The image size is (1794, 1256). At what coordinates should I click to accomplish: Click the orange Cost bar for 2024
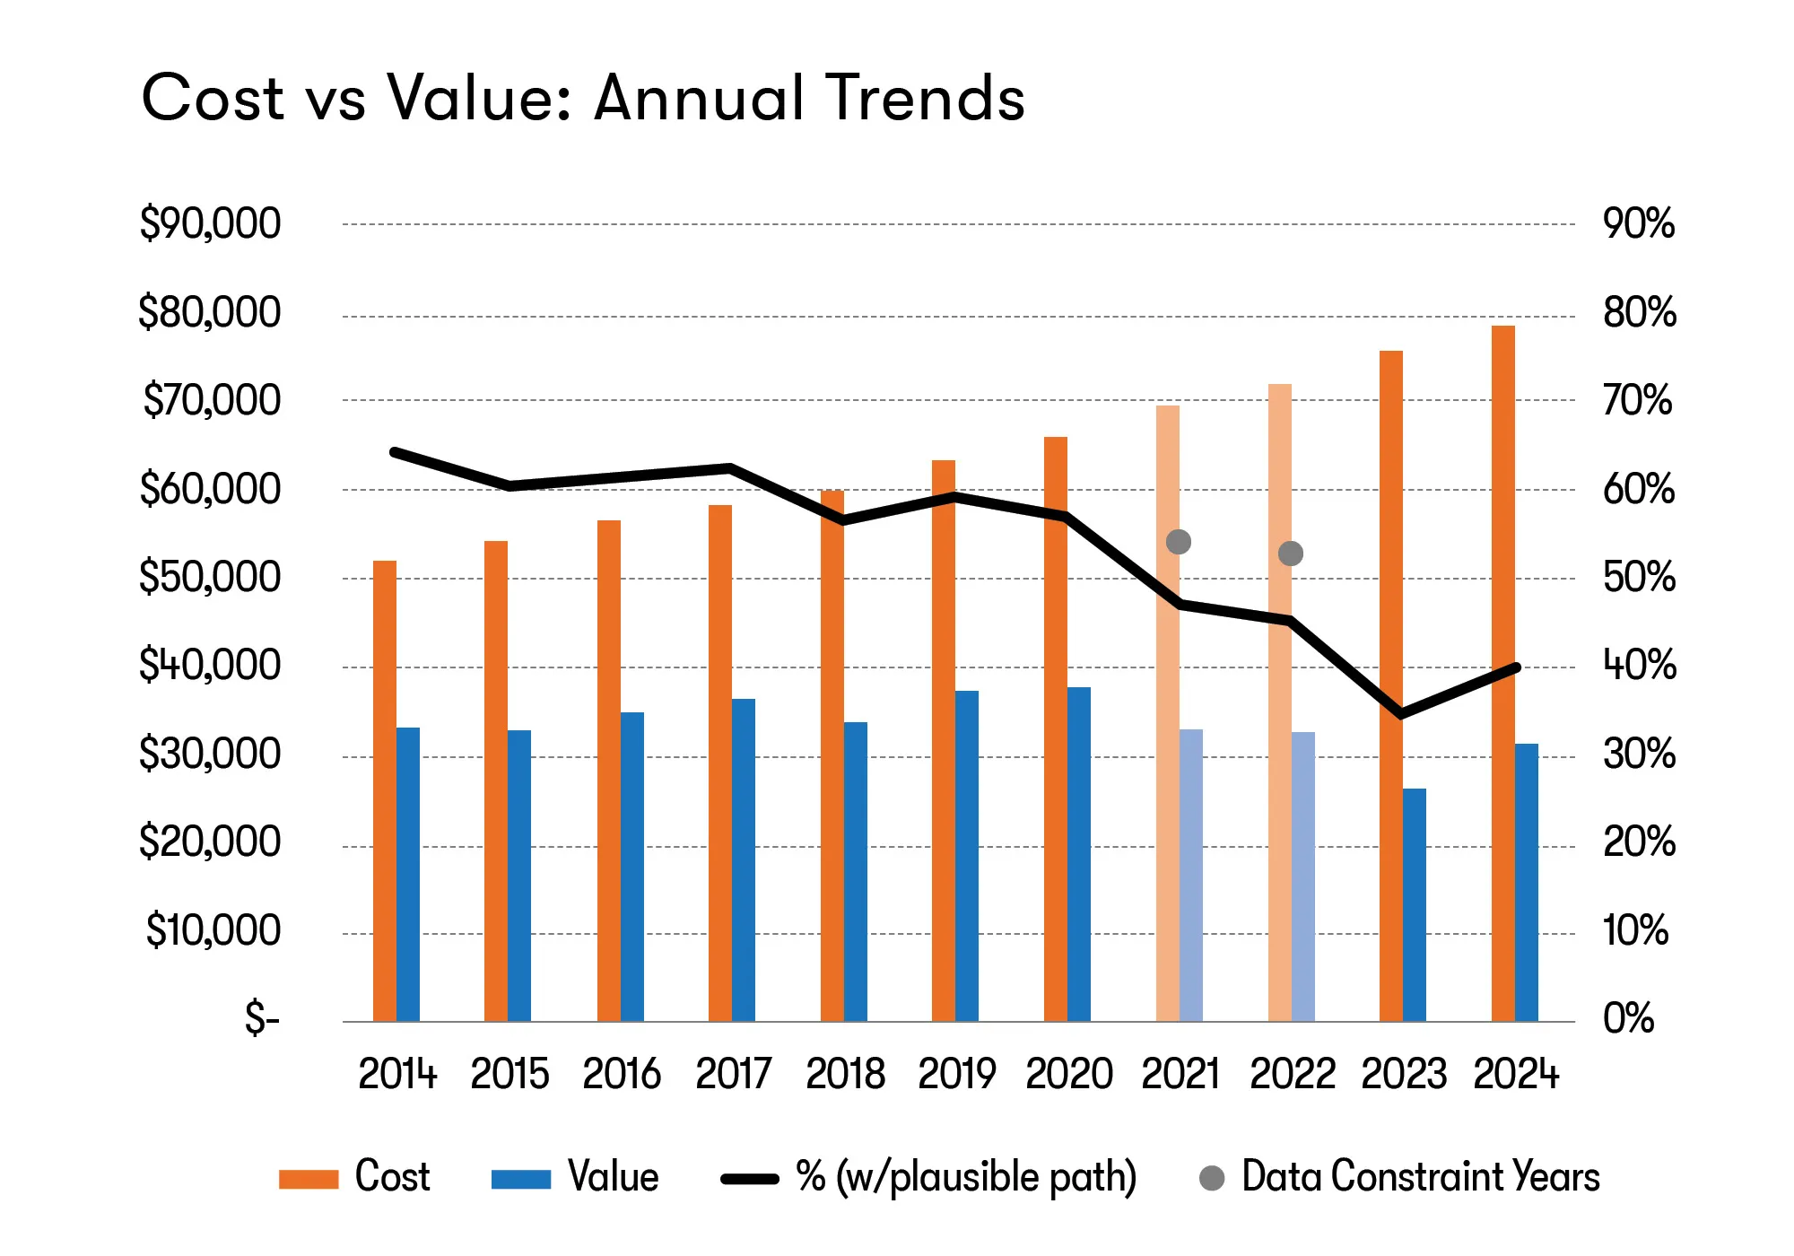pyautogui.click(x=1502, y=673)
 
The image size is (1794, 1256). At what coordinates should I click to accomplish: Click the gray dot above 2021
pyautogui.click(x=1179, y=542)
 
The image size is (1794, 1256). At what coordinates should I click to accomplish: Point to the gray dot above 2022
pyautogui.click(x=1291, y=554)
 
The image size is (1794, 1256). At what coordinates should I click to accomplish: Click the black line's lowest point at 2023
pyautogui.click(x=1401, y=714)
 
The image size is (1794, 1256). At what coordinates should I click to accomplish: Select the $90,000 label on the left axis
pyautogui.click(x=210, y=223)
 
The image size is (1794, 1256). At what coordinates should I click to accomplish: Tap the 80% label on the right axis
pyautogui.click(x=1639, y=312)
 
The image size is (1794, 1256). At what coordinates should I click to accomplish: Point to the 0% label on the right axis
pyautogui.click(x=1628, y=1018)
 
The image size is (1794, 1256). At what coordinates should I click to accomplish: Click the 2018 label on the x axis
pyautogui.click(x=845, y=1074)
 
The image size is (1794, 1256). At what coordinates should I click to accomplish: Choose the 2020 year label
pyautogui.click(x=1068, y=1074)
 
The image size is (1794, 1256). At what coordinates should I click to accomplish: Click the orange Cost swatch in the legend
pyautogui.click(x=309, y=1179)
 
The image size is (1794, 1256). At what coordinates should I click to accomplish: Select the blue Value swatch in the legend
pyautogui.click(x=521, y=1179)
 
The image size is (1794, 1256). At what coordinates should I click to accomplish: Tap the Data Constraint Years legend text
pyautogui.click(x=1420, y=1177)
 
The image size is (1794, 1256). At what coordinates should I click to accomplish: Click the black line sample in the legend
pyautogui.click(x=750, y=1179)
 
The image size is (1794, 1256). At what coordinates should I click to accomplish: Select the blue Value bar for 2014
pyautogui.click(x=408, y=874)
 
